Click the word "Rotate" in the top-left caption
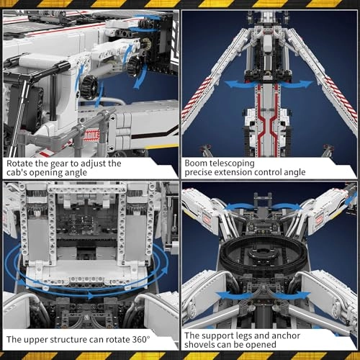22,163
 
